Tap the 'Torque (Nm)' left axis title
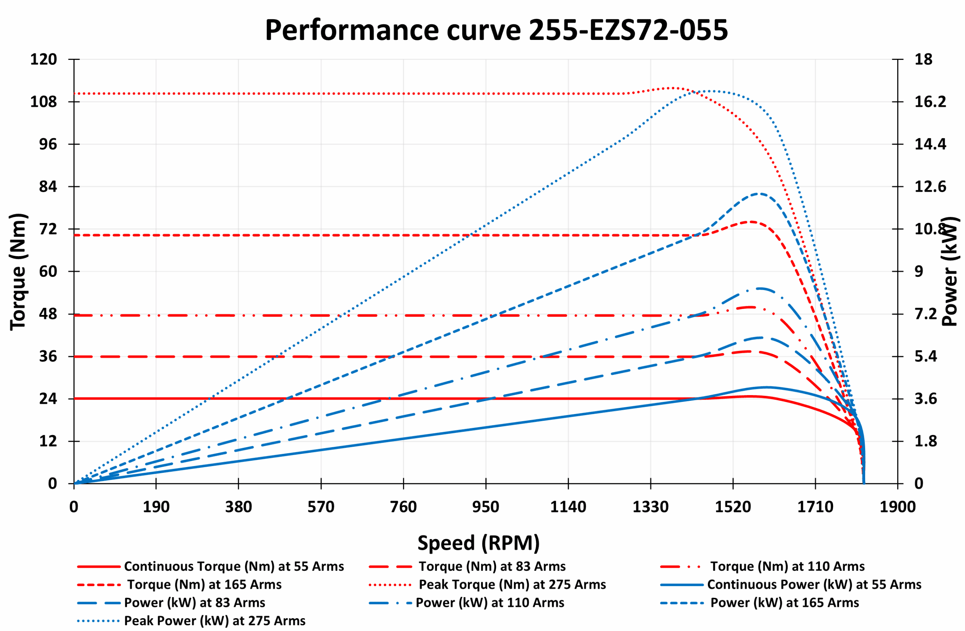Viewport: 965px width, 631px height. (x=18, y=272)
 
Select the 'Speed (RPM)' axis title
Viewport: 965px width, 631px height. (x=478, y=543)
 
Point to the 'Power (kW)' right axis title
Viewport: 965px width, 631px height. (x=950, y=272)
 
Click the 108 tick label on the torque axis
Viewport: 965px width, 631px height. (x=43, y=102)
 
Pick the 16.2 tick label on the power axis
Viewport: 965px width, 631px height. (x=930, y=102)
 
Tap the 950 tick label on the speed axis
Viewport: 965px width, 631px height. (x=486, y=507)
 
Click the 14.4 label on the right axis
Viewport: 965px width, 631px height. (x=930, y=144)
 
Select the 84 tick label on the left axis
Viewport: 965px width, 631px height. (x=48, y=187)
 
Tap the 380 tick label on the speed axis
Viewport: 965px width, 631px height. (x=238, y=507)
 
